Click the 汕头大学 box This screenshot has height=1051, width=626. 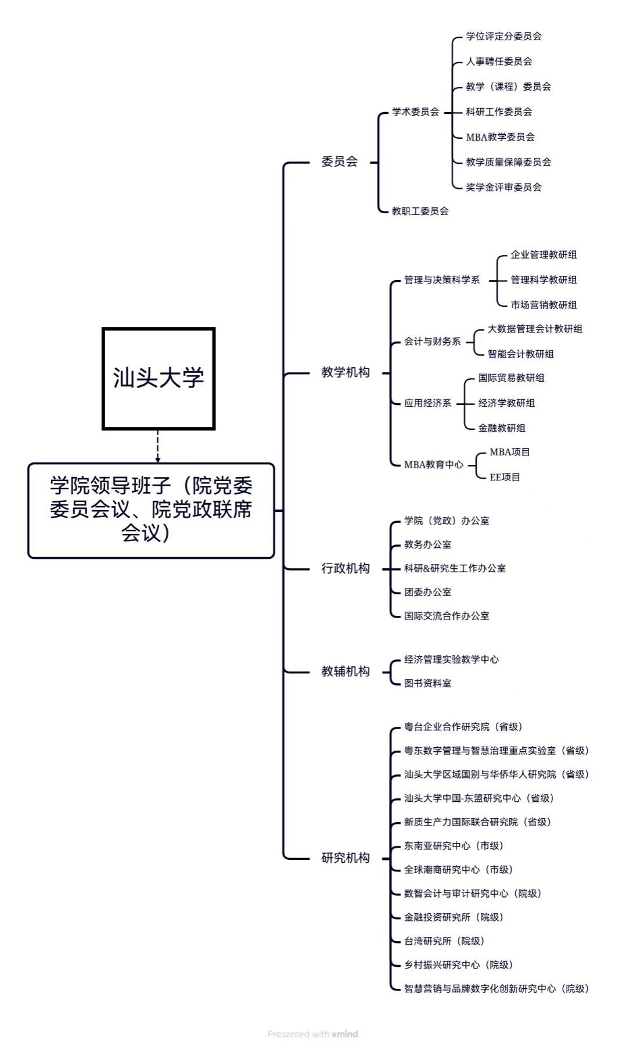pos(159,378)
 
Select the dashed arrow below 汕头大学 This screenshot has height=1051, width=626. pos(158,446)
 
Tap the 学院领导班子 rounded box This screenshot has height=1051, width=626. pos(151,510)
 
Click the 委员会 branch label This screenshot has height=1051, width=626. pos(340,162)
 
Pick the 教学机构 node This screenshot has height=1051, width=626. pos(346,372)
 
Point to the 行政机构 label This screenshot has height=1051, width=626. pos(346,568)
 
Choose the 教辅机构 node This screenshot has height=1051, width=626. pos(346,671)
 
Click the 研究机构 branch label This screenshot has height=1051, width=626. pos(346,858)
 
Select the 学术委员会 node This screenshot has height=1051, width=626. pos(415,112)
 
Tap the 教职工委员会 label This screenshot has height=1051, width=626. pos(420,211)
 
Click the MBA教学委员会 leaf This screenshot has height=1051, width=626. pos(500,137)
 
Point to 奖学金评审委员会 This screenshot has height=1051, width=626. pos(503,187)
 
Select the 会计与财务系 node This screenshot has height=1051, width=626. pos(432,342)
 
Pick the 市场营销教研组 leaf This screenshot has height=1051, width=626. pos(544,304)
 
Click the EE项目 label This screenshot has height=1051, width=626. pos(505,477)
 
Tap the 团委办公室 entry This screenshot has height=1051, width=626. pos(427,592)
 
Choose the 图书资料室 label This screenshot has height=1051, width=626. pos(427,683)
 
